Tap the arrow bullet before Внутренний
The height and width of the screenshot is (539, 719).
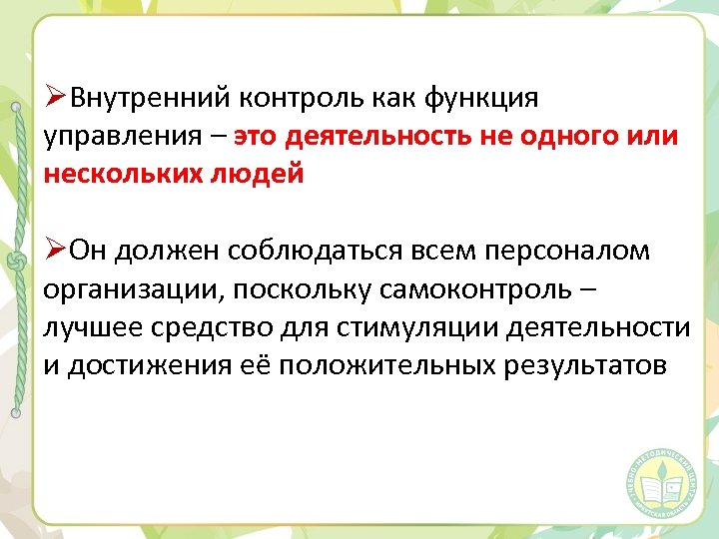tap(55, 99)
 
